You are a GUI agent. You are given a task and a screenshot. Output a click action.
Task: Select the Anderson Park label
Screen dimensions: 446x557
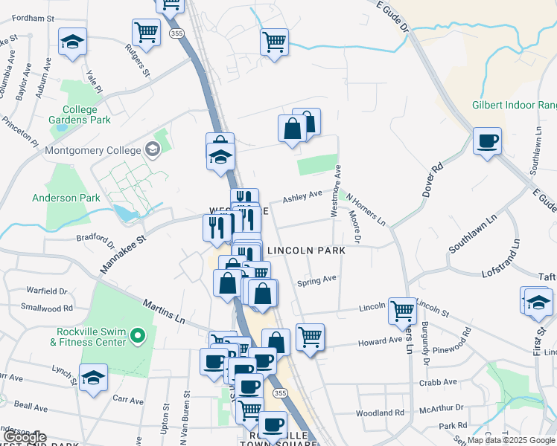click(x=66, y=198)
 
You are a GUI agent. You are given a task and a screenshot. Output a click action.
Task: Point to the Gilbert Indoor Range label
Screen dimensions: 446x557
click(x=514, y=106)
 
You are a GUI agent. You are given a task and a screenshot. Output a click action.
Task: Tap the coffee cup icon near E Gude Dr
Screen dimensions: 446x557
click(x=487, y=140)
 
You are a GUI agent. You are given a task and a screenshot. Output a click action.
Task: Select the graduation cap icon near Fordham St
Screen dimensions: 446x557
click(x=72, y=42)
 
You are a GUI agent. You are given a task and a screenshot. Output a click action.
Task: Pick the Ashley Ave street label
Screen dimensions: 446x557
click(x=302, y=196)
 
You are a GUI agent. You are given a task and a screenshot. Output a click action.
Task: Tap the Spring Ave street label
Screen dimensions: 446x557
click(x=316, y=281)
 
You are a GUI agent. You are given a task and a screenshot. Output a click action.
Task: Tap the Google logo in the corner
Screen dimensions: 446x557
click(x=25, y=438)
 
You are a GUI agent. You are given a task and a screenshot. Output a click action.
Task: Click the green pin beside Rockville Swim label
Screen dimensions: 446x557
click(x=136, y=337)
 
